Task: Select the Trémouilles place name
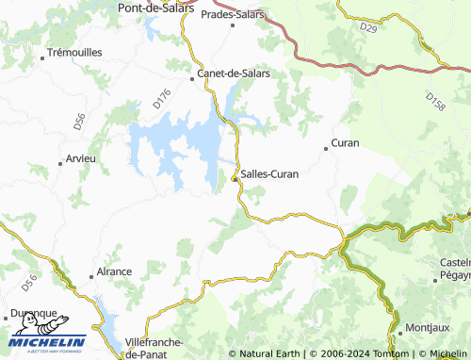(74, 53)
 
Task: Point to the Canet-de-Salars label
(233, 73)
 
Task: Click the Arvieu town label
(81, 158)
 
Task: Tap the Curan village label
(346, 144)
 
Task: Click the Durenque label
(33, 313)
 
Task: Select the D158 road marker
(434, 99)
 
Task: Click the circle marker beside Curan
(326, 146)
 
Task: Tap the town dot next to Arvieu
(61, 159)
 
